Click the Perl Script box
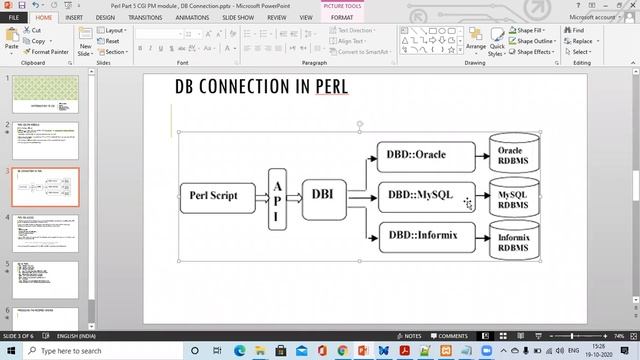pos(213,195)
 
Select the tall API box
pos(277,195)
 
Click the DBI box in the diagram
pos(322,195)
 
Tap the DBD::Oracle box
pos(417,155)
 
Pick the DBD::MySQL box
pos(421,196)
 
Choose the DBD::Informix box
pos(421,237)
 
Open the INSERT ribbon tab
pos(74,17)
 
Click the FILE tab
pos(15,17)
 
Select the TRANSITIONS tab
pos(145,17)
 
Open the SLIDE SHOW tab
pos(237,17)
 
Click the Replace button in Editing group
pos(581,41)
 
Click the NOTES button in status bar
pos(409,336)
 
